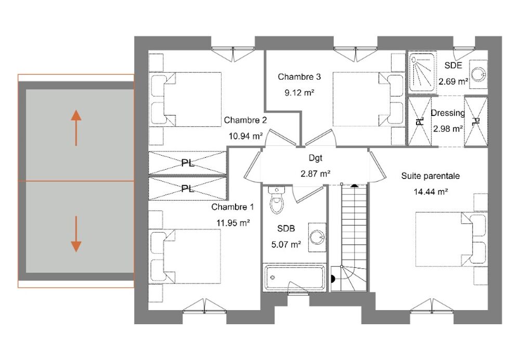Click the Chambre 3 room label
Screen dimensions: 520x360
tap(299, 77)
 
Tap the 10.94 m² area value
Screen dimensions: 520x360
tap(246, 136)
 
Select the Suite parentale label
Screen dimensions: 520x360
tap(431, 176)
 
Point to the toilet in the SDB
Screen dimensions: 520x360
tap(277, 200)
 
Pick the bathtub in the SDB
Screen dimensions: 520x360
tap(294, 277)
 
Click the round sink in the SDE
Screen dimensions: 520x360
tap(478, 74)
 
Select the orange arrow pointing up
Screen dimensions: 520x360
tap(76, 128)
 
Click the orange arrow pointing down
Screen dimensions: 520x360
tap(76, 234)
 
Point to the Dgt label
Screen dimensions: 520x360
tap(316, 158)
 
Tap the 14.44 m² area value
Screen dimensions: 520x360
tap(431, 192)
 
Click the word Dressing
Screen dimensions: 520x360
tap(448, 113)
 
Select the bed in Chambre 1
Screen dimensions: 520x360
tap(185, 256)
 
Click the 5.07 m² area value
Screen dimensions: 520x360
tap(286, 245)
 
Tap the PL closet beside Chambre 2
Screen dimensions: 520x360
tap(187, 163)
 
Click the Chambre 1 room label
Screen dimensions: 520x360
tap(232, 207)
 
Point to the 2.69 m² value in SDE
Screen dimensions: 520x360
tap(453, 82)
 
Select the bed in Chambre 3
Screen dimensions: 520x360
tap(369, 99)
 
